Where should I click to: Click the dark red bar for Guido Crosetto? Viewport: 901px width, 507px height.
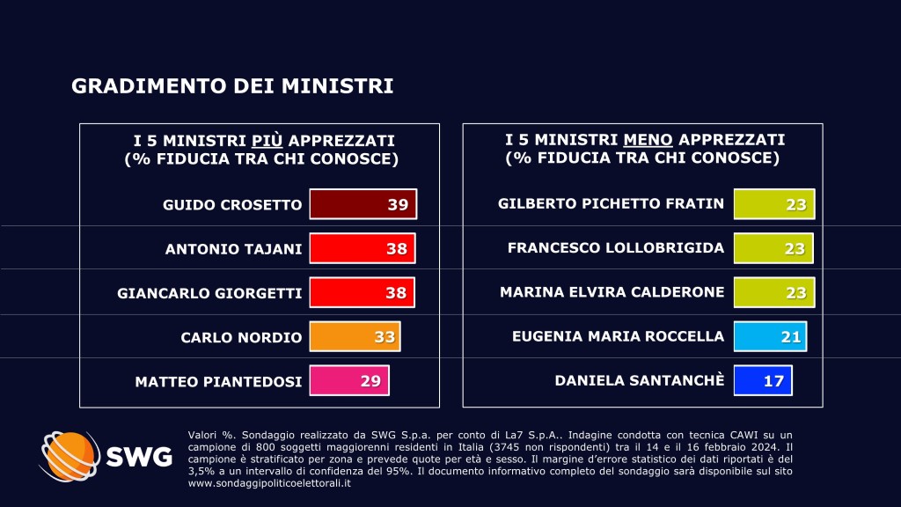pyautogui.click(x=363, y=204)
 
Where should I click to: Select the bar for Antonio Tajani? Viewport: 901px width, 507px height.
pyautogui.click(x=362, y=248)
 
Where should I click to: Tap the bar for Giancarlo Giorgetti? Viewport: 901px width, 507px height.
pyautogui.click(x=362, y=292)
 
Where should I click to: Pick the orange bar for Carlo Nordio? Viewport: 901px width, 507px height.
pyautogui.click(x=355, y=336)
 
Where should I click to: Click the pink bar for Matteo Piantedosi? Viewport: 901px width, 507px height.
pyautogui.click(x=349, y=381)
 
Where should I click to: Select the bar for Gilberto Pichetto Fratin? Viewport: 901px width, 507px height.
pyautogui.click(x=774, y=204)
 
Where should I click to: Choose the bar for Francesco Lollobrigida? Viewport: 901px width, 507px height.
pyautogui.click(x=773, y=248)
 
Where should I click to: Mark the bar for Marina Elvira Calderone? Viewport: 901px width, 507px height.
pyautogui.click(x=774, y=292)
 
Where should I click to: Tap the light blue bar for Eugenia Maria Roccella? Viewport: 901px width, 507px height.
pyautogui.click(x=770, y=336)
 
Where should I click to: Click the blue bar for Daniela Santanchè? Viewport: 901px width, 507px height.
pyautogui.click(x=763, y=380)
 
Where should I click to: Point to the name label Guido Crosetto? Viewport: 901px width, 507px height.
pyautogui.click(x=232, y=205)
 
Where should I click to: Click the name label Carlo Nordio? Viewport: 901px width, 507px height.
pyautogui.click(x=241, y=337)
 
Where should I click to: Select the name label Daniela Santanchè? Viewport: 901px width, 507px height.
pyautogui.click(x=640, y=380)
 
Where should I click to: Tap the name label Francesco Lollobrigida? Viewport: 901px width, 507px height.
pyautogui.click(x=616, y=248)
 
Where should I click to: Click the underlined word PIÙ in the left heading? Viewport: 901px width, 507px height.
pyautogui.click(x=268, y=141)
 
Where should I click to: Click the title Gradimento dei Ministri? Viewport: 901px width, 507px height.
pyautogui.click(x=232, y=86)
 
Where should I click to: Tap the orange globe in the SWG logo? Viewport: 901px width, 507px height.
pyautogui.click(x=70, y=455)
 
